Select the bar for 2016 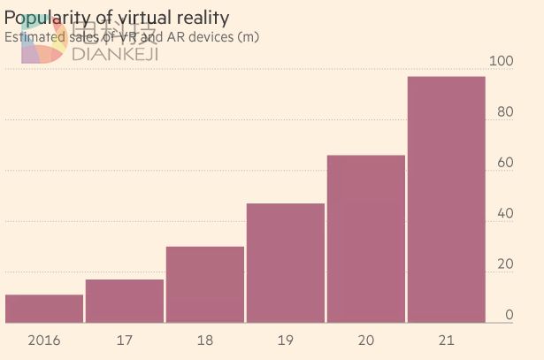[44, 309]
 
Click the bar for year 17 [125, 301]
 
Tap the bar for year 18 [205, 285]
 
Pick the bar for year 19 [286, 263]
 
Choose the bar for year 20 [366, 239]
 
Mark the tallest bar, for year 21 [447, 200]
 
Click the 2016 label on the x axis [44, 340]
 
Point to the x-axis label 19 [286, 340]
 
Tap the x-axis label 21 [447, 340]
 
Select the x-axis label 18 [205, 340]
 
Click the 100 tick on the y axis [501, 62]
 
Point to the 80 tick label [504, 112]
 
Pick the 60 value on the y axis [504, 163]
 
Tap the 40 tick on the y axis [504, 214]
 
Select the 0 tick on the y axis [509, 315]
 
